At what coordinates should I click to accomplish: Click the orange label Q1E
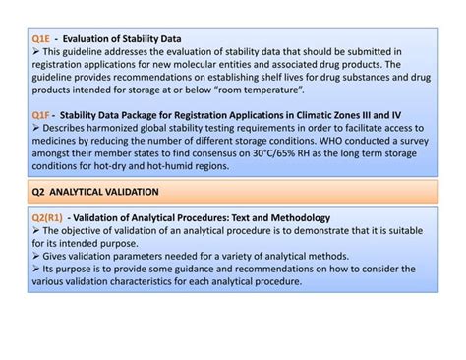pos(41,38)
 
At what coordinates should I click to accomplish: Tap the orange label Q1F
pos(41,115)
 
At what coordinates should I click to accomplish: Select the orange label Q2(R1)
pos(48,217)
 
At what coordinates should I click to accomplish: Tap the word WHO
pos(340,141)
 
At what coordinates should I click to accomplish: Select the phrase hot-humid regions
pos(181,166)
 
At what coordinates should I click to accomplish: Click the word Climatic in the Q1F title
pos(316,115)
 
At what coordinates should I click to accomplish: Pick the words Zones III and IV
pos(377,115)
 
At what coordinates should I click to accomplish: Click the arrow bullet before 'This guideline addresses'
pos(36,51)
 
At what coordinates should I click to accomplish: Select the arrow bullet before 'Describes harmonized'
pos(36,128)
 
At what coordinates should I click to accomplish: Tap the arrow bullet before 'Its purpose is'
pos(36,269)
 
